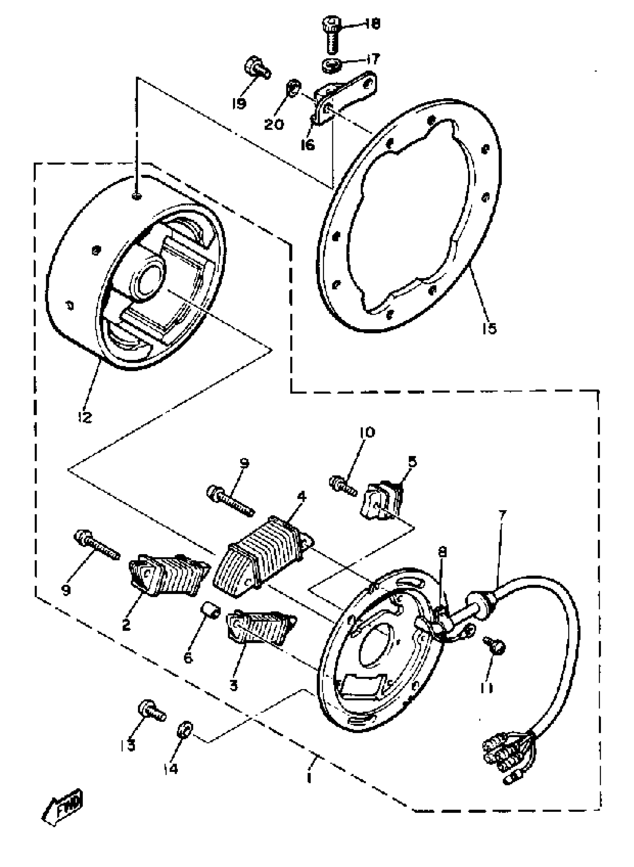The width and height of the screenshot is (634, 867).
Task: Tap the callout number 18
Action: [371, 24]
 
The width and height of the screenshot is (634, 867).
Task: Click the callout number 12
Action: [85, 417]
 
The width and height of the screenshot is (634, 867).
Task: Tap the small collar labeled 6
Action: [211, 609]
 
